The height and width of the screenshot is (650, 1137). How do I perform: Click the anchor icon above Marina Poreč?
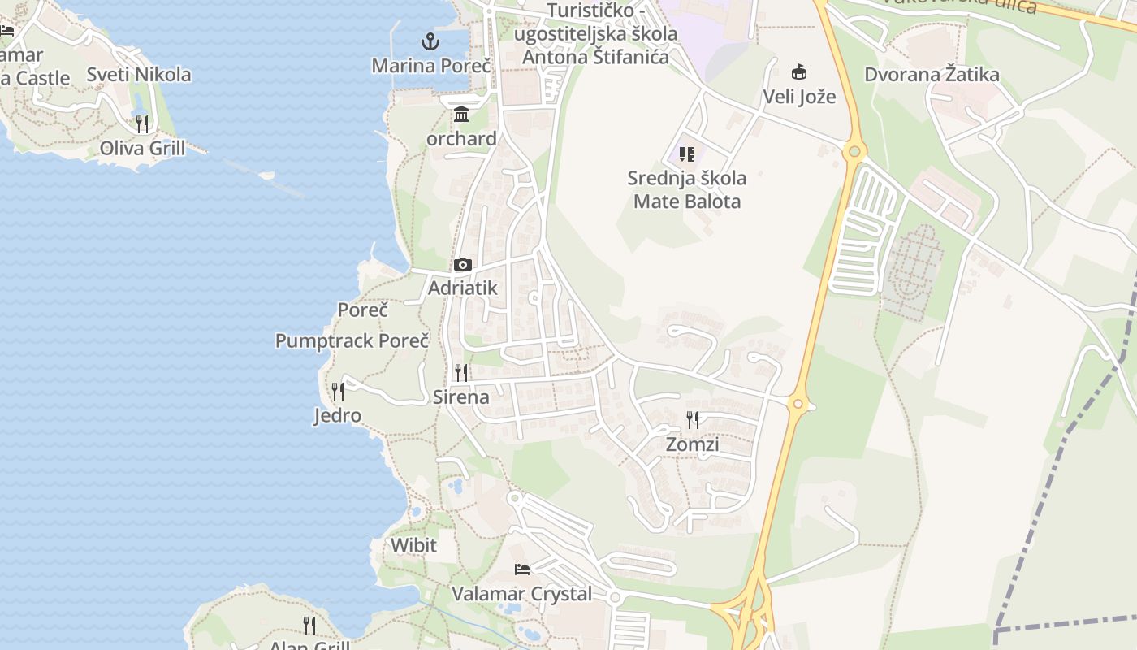click(x=430, y=41)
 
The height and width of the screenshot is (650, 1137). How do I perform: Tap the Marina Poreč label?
click(x=431, y=66)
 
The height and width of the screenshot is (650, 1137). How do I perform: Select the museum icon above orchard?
click(x=461, y=114)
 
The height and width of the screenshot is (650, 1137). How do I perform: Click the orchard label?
click(x=461, y=139)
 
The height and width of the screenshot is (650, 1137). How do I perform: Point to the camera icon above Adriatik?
click(x=463, y=264)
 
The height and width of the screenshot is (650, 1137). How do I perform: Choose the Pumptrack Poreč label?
click(x=352, y=340)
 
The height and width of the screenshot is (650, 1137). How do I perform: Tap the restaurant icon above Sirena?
click(x=461, y=373)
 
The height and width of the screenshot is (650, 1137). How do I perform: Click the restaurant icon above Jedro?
click(x=338, y=392)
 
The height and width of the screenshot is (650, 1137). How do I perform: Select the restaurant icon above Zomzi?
click(x=693, y=420)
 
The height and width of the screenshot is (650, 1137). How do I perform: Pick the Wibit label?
click(x=413, y=545)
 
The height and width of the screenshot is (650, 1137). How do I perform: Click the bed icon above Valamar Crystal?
click(x=522, y=569)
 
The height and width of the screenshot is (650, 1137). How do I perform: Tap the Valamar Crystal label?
click(x=522, y=594)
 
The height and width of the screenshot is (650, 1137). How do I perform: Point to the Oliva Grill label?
click(x=142, y=148)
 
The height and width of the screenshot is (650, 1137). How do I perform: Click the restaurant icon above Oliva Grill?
click(x=142, y=123)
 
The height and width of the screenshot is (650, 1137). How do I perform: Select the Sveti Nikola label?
click(x=139, y=75)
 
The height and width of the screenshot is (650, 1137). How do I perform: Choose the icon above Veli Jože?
click(x=799, y=71)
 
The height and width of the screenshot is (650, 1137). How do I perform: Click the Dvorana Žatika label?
click(x=932, y=75)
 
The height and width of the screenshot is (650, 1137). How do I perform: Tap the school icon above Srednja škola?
click(x=687, y=154)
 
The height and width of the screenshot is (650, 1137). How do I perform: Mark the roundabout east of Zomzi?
click(x=798, y=404)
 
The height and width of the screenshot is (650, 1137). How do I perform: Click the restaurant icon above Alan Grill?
click(x=309, y=625)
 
